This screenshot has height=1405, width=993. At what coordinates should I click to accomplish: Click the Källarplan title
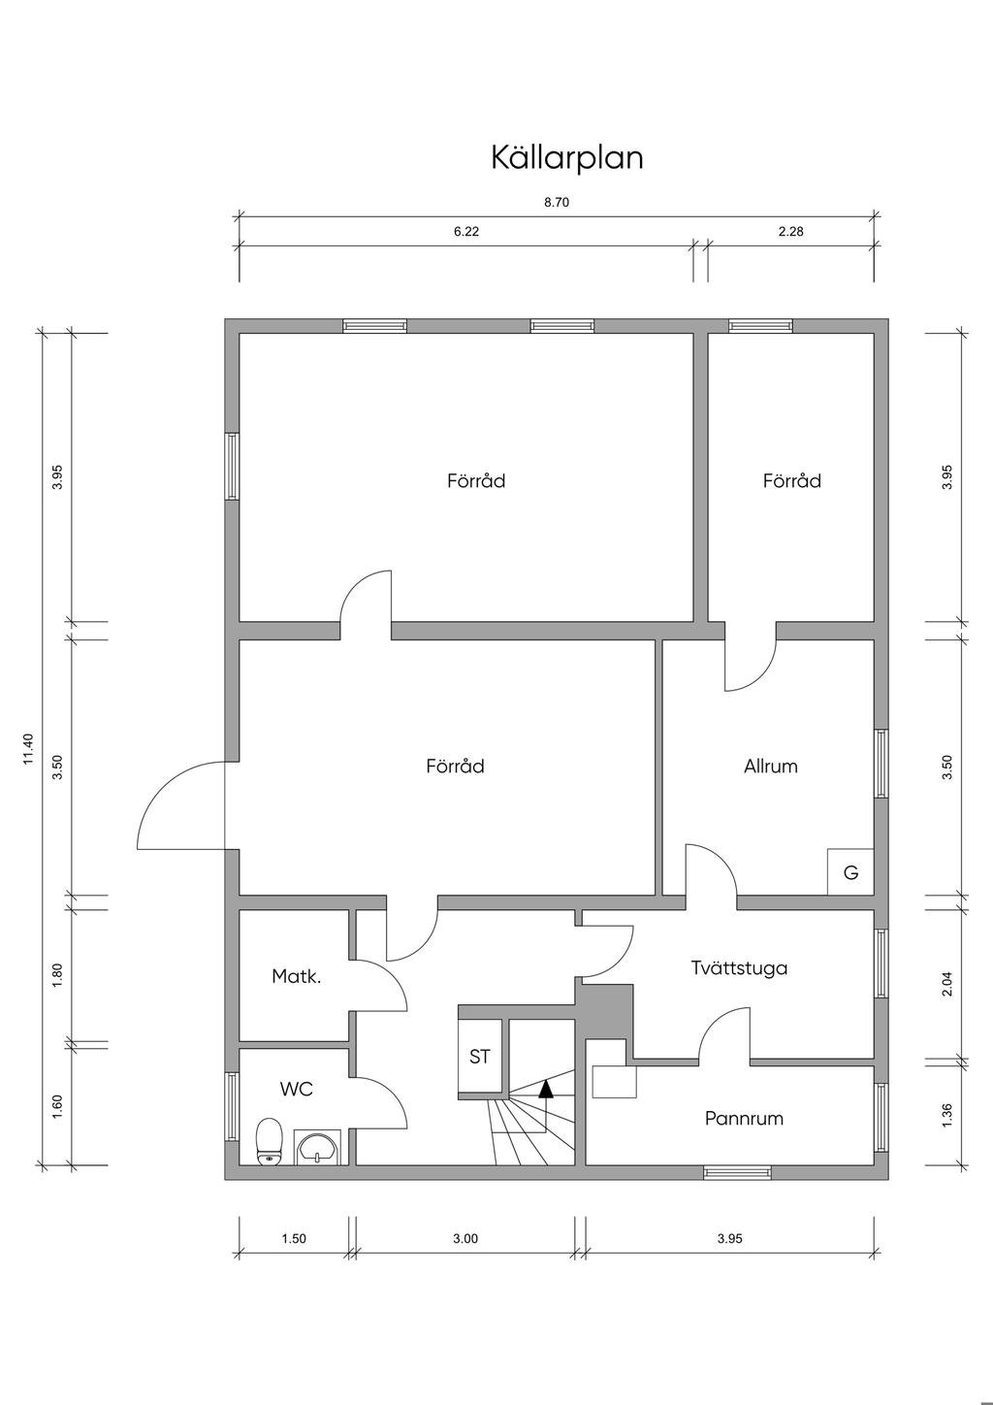tap(566, 157)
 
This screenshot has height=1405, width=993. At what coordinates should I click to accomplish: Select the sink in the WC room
tap(317, 1147)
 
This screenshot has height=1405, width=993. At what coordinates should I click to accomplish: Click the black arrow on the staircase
tap(546, 1089)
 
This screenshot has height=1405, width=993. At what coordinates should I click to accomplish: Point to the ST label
tap(480, 1057)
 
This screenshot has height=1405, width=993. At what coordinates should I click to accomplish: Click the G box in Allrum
tap(850, 872)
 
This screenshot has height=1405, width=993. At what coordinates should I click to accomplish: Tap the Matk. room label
tap(297, 976)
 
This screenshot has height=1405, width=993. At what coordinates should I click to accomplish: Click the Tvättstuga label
tap(739, 967)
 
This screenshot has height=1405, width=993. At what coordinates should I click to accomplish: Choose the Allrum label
tap(771, 766)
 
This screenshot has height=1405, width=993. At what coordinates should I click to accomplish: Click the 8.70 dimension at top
tap(556, 202)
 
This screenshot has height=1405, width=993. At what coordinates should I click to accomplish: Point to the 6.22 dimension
tap(466, 232)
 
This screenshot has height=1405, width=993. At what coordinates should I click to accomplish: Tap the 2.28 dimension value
tap(790, 232)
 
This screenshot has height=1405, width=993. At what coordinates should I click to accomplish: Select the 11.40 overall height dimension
tap(28, 749)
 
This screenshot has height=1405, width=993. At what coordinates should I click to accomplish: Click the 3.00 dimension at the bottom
tap(465, 1238)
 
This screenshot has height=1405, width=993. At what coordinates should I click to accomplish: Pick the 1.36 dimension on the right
tap(947, 1116)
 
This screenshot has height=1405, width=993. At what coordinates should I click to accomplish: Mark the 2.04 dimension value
tap(947, 984)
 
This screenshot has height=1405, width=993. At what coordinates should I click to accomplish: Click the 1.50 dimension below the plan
tap(294, 1238)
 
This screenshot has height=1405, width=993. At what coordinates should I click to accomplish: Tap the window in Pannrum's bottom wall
tap(737, 1172)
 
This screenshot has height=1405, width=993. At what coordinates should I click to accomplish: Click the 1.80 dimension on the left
tap(57, 975)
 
